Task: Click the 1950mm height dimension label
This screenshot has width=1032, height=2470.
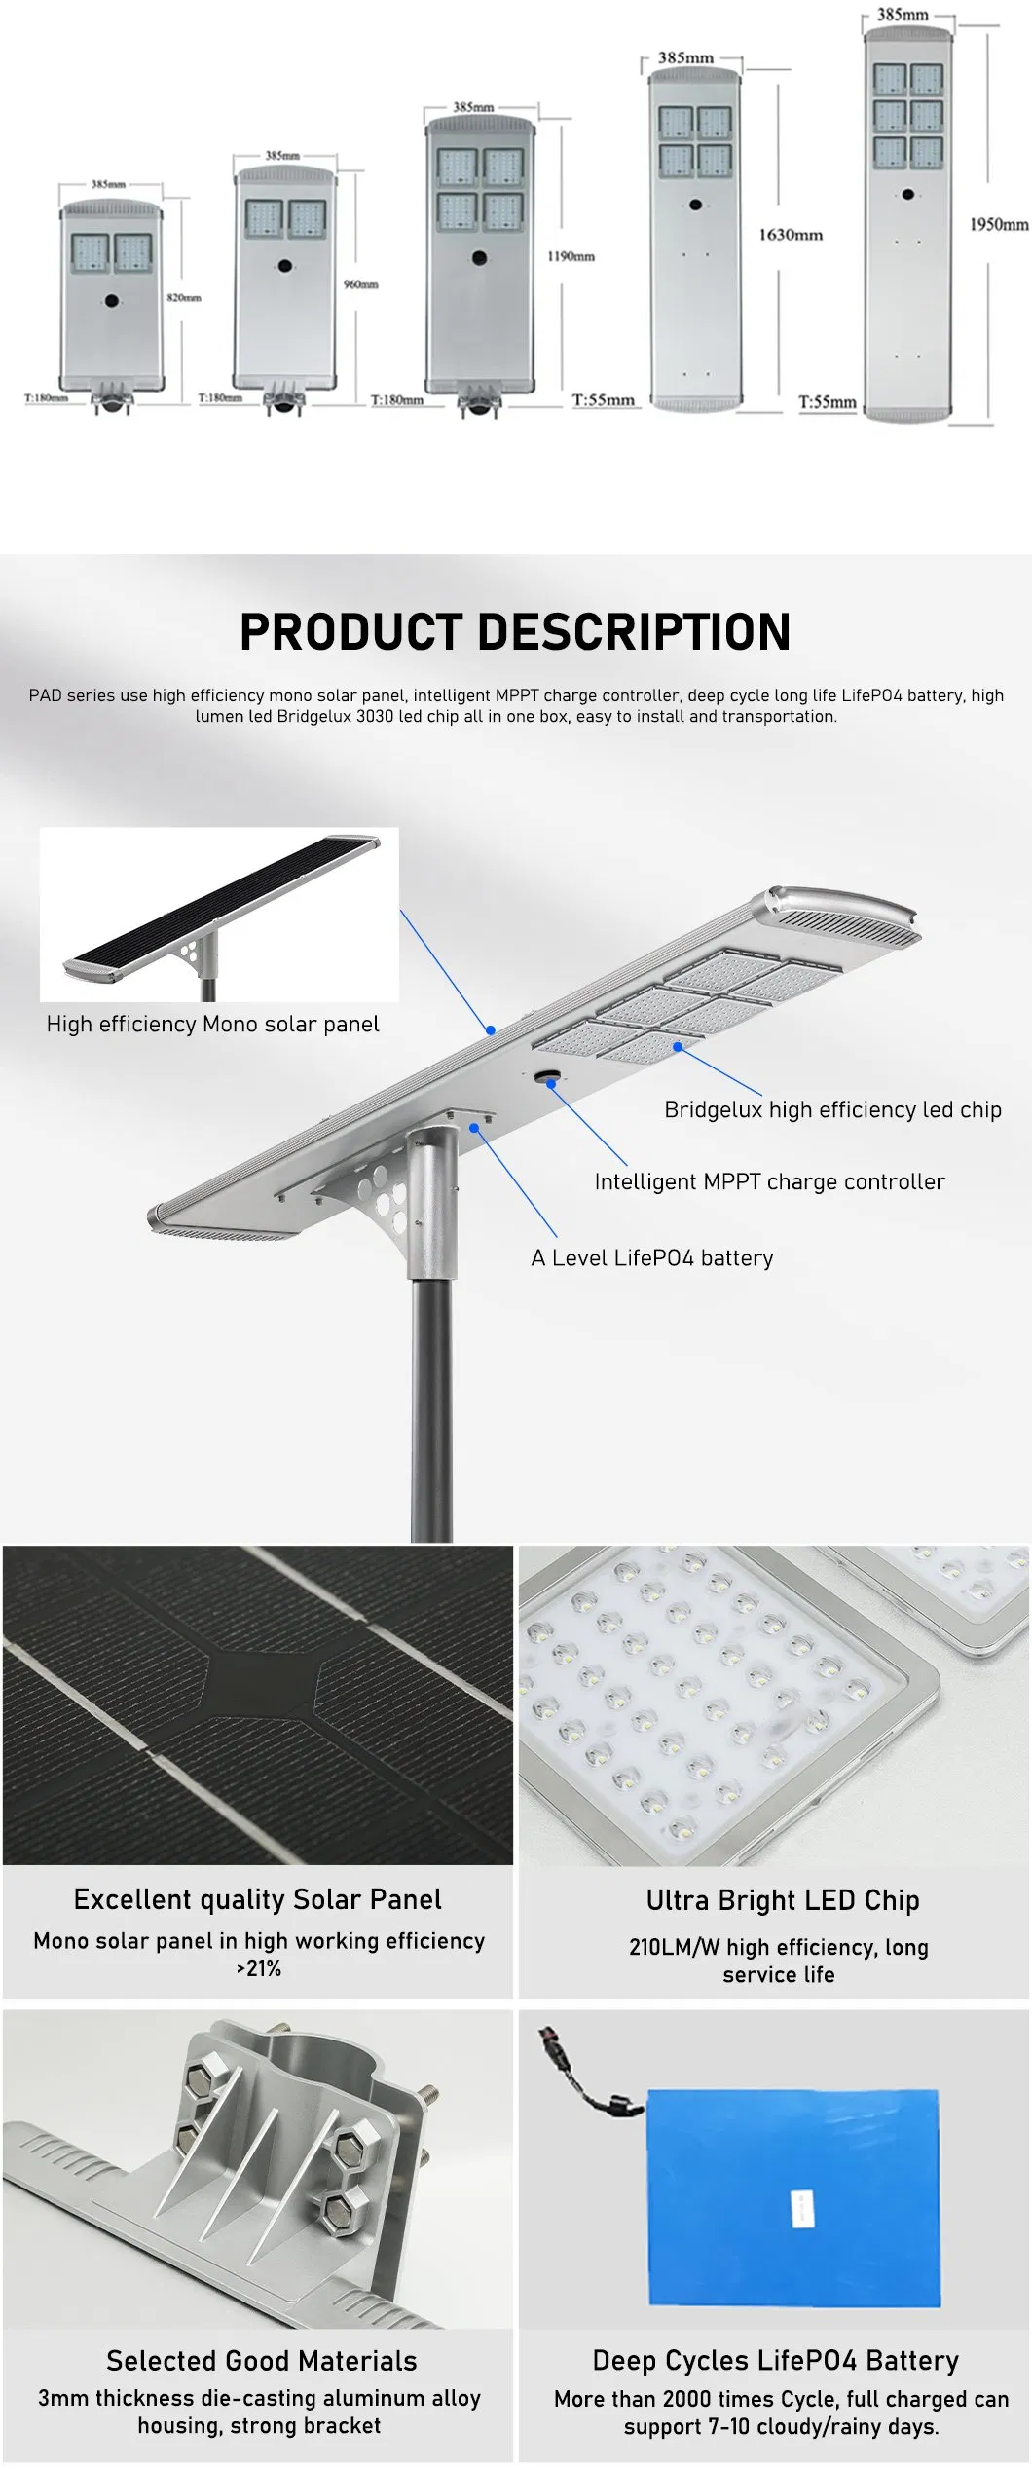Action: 998,224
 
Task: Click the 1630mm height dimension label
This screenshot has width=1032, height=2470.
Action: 790,235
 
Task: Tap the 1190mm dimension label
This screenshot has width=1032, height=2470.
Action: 571,256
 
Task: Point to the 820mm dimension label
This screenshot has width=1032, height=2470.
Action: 184,297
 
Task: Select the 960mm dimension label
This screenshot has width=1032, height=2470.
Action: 360,284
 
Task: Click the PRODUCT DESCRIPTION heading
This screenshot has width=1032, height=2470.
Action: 515,631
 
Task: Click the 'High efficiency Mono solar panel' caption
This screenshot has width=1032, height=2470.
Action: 213,1024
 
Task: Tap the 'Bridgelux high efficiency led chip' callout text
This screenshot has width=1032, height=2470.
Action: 832,1109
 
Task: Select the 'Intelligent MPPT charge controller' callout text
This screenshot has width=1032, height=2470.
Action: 769,1181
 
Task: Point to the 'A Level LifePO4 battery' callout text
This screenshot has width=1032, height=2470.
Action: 652,1257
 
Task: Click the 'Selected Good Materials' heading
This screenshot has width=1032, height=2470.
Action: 261,2360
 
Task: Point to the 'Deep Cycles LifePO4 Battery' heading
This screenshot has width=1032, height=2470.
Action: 776,2360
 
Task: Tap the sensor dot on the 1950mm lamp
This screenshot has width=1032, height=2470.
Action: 907,194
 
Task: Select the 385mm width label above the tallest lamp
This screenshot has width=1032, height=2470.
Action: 903,15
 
